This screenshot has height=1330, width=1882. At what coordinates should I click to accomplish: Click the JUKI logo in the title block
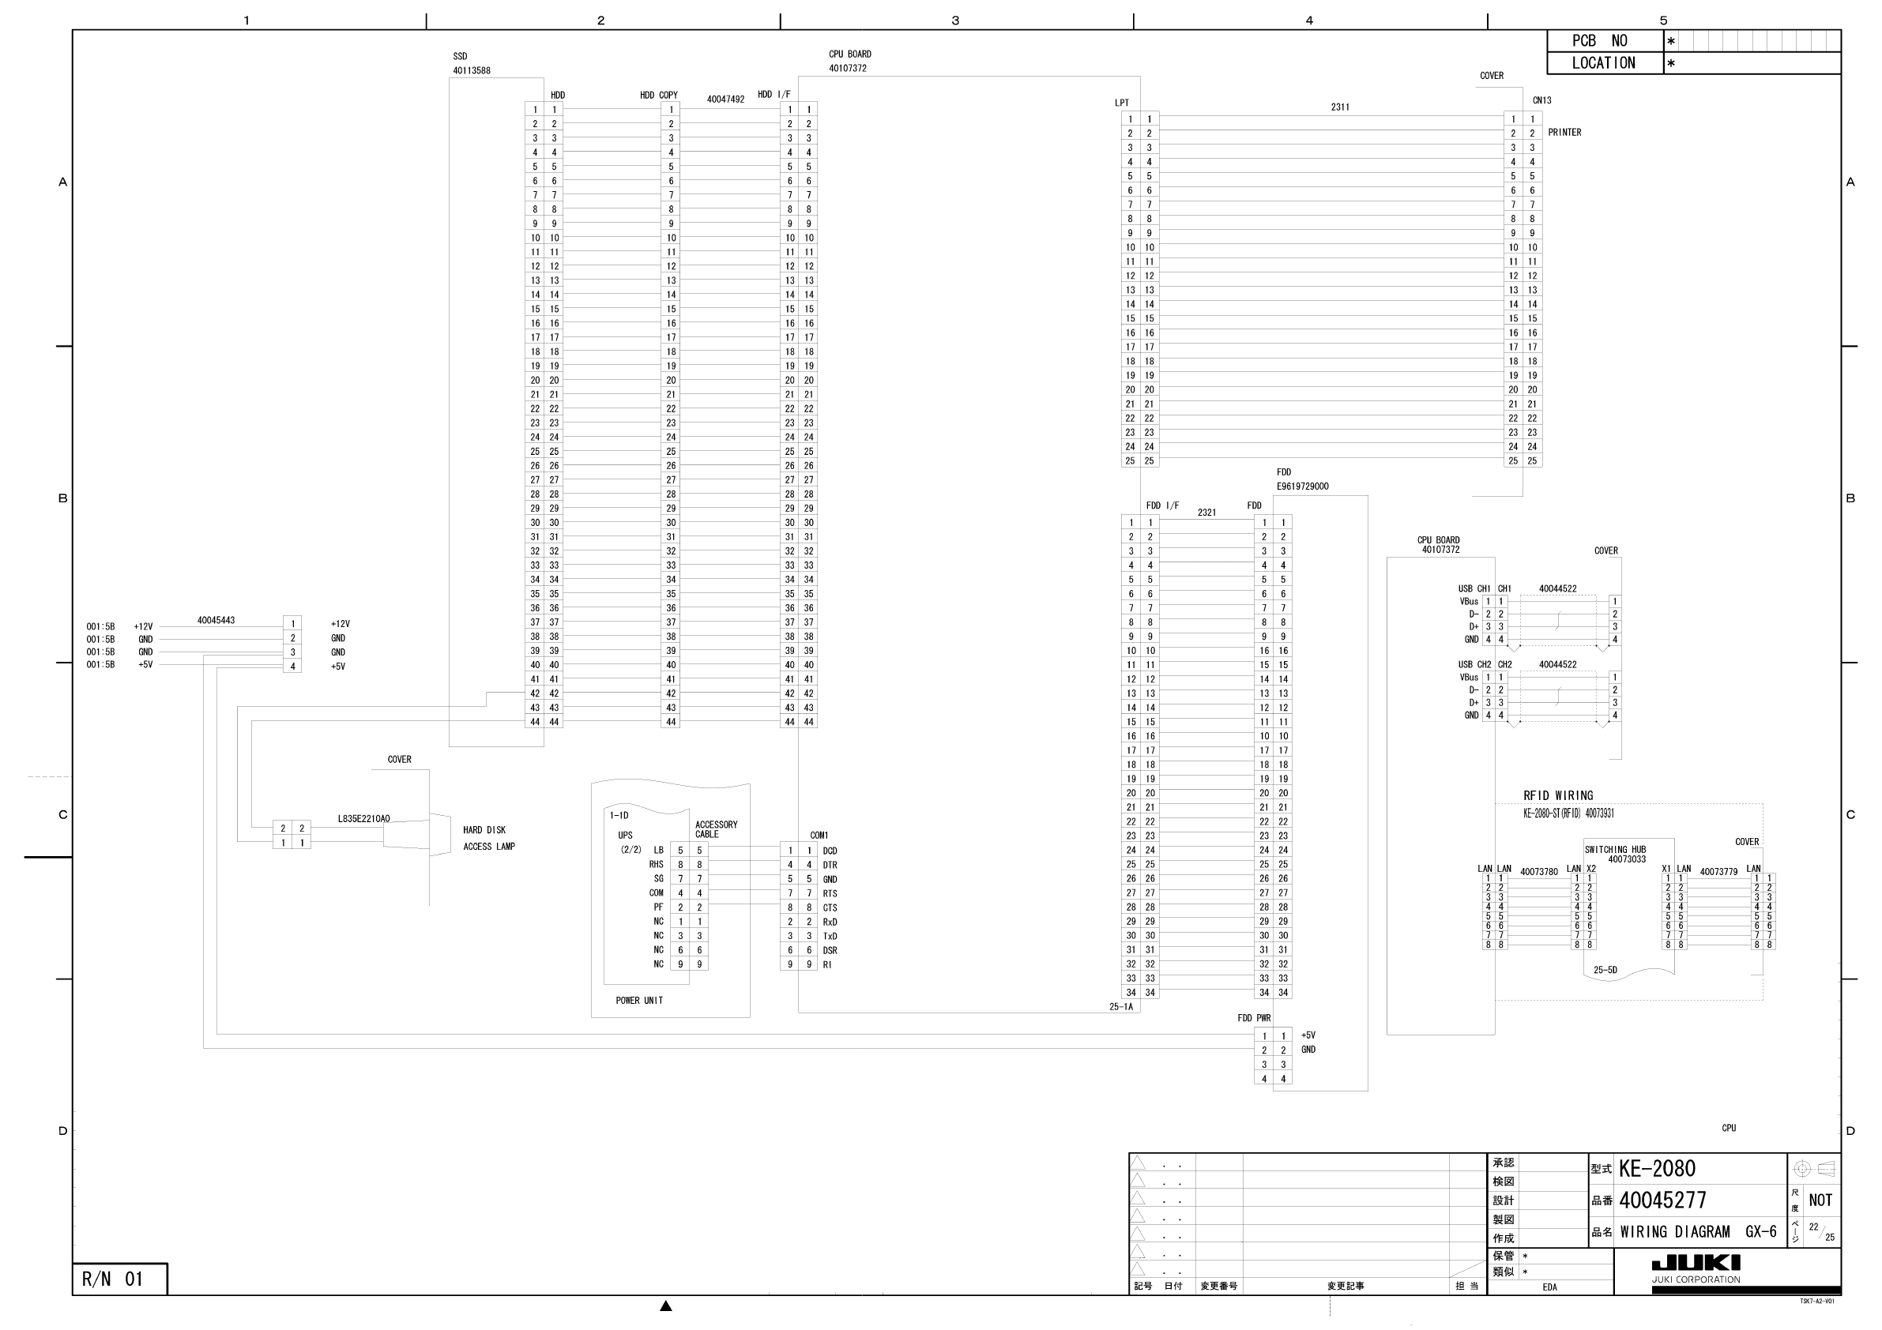pyautogui.click(x=1695, y=1263)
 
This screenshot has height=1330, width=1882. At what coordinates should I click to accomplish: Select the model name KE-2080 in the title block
pyautogui.click(x=1657, y=1169)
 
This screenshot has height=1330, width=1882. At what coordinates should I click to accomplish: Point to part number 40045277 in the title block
pyautogui.click(x=1662, y=1200)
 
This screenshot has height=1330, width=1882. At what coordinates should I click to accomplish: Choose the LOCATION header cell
pyautogui.click(x=1604, y=63)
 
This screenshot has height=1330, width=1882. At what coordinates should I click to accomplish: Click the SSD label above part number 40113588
pyautogui.click(x=460, y=57)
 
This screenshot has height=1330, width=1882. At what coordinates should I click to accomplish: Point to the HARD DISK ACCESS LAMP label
pyautogui.click(x=488, y=838)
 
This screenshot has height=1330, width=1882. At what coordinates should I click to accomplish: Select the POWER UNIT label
pyautogui.click(x=639, y=1001)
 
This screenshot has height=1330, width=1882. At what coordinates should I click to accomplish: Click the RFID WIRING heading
pyautogui.click(x=1558, y=795)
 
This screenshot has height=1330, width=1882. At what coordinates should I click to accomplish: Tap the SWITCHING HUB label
pyautogui.click(x=1615, y=850)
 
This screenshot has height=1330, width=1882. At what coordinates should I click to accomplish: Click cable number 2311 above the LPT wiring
pyautogui.click(x=1340, y=107)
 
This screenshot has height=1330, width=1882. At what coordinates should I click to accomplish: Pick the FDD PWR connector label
pyautogui.click(x=1254, y=1019)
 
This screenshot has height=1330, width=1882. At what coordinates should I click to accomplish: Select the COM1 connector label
pyautogui.click(x=819, y=836)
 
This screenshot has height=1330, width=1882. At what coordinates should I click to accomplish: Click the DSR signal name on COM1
pyautogui.click(x=830, y=951)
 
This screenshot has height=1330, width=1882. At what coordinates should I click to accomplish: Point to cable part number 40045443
pyautogui.click(x=216, y=620)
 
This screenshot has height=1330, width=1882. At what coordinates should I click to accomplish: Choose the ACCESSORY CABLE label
pyautogui.click(x=717, y=829)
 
